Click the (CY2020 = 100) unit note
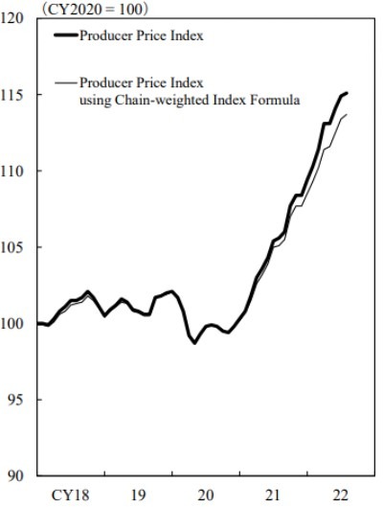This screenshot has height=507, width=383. click(x=93, y=7)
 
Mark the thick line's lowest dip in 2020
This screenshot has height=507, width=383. click(x=194, y=342)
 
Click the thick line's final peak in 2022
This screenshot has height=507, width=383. click(x=346, y=93)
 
